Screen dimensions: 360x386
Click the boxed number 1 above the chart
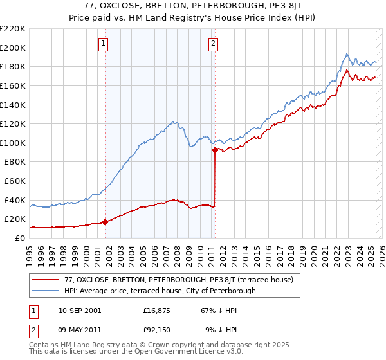(104, 44)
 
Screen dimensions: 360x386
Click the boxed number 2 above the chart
(213, 44)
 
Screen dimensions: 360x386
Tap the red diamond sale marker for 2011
(215, 150)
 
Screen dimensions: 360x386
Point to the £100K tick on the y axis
(13, 143)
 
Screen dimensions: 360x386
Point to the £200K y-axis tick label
(13, 48)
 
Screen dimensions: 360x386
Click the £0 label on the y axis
(20, 238)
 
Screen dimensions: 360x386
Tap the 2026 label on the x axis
(382, 253)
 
